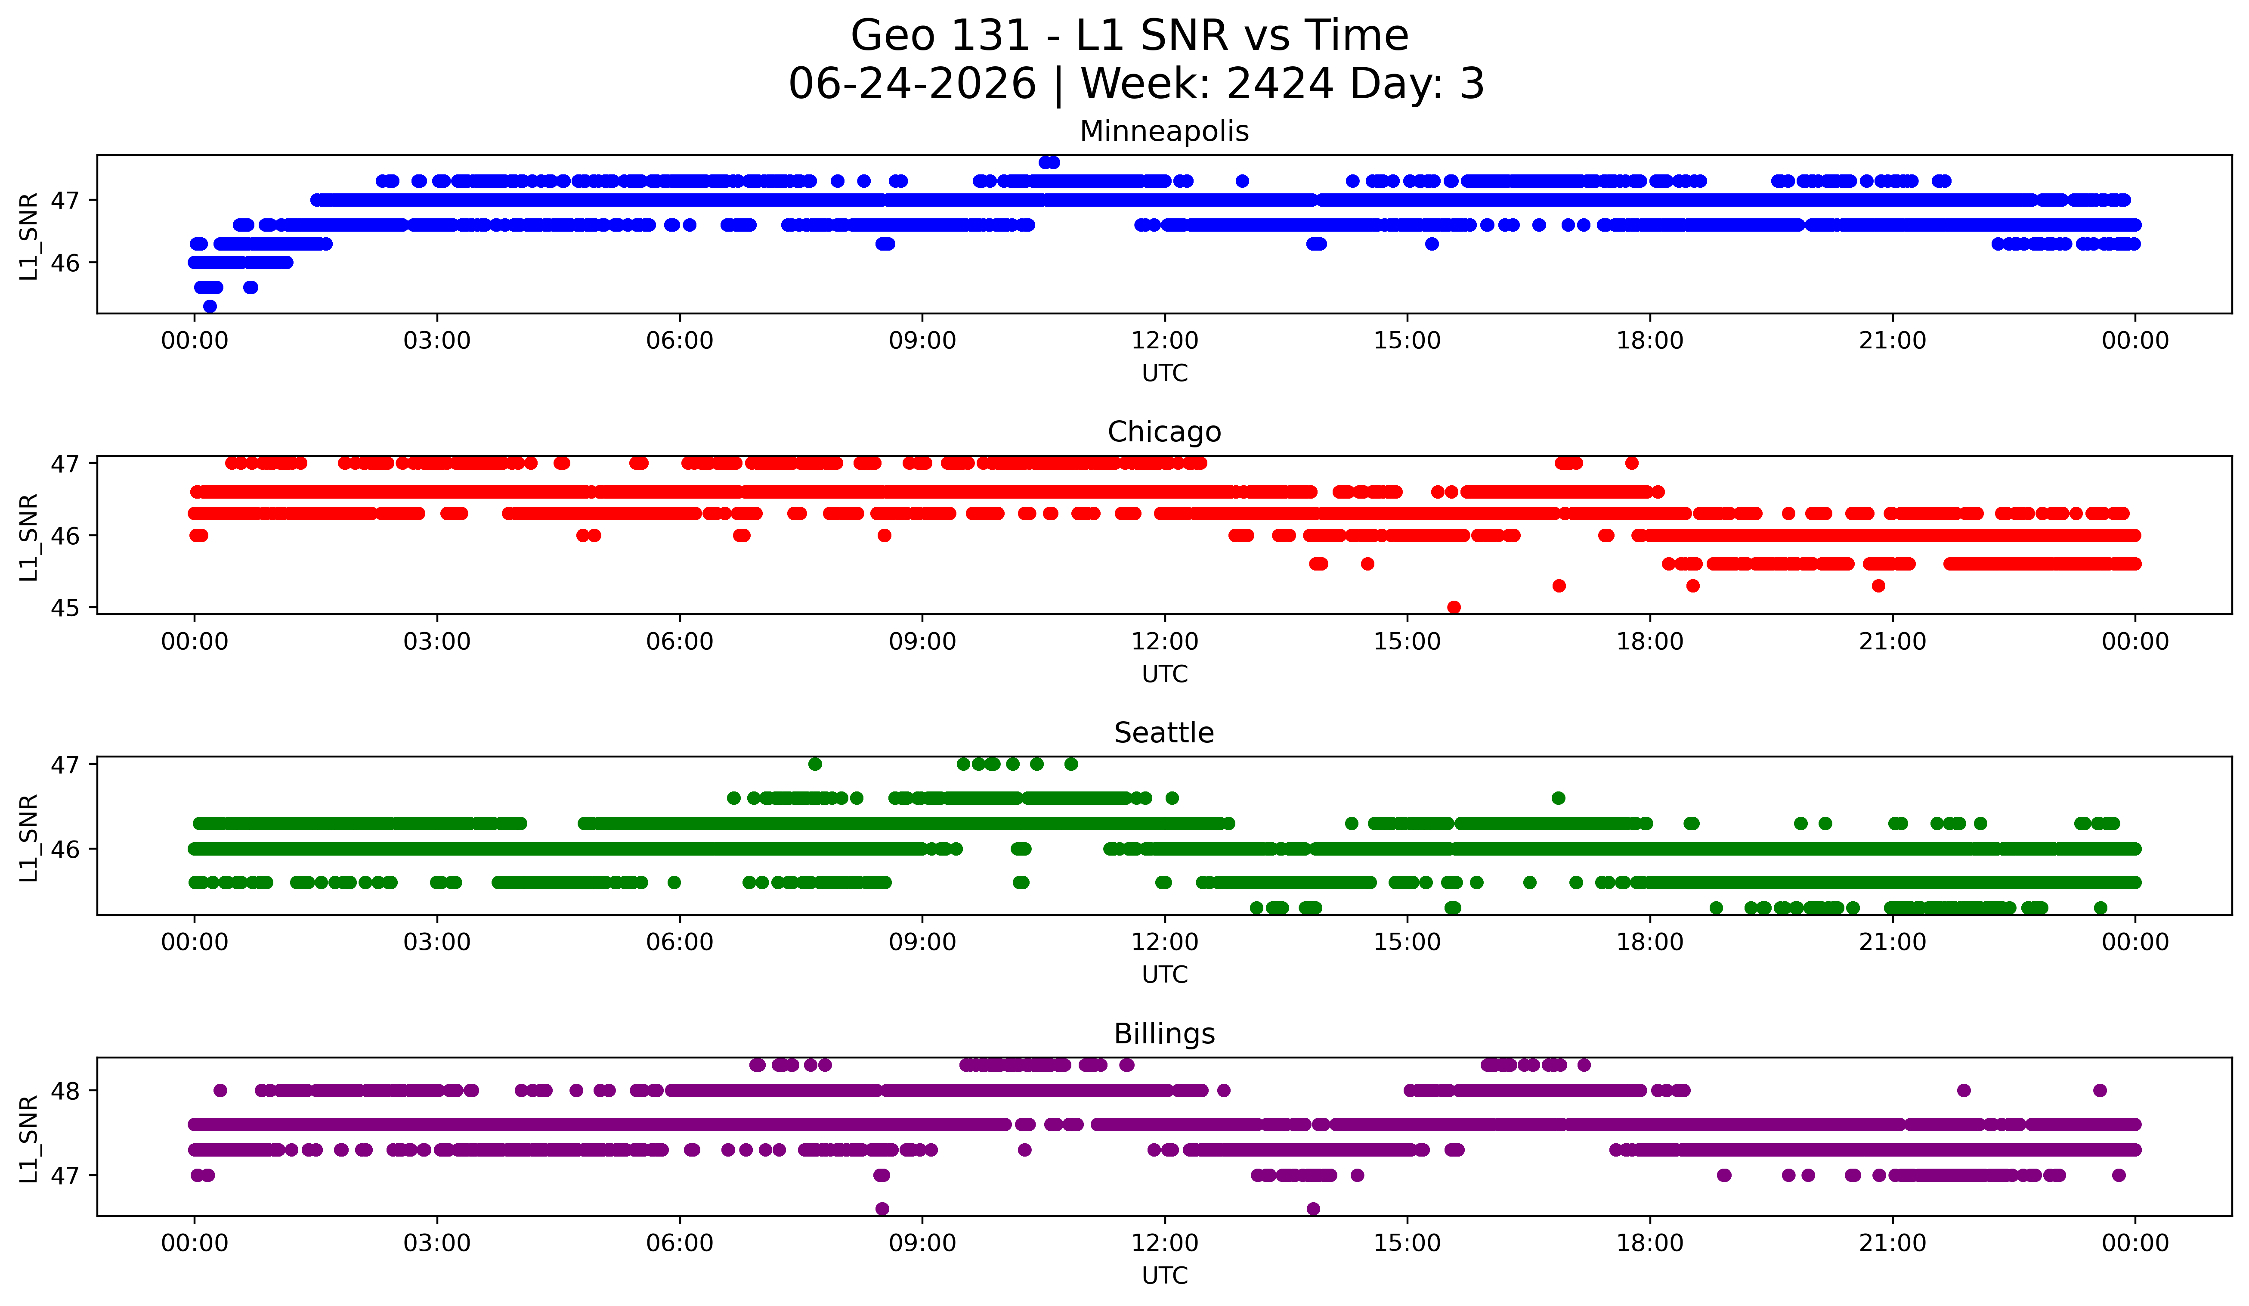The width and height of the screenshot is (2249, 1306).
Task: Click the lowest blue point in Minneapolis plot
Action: [x=210, y=306]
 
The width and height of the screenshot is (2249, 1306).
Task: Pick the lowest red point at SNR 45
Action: [x=1454, y=607]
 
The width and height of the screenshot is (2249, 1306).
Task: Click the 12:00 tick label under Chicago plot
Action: [x=1165, y=641]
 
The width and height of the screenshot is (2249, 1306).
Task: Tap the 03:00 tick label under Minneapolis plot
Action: [x=437, y=340]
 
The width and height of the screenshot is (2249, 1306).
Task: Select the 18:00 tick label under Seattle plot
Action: [x=1650, y=942]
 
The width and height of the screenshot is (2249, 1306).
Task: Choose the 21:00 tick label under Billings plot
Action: [x=1893, y=1243]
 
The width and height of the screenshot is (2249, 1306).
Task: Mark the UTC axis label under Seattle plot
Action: [x=1165, y=975]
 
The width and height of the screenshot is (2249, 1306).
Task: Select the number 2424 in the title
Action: [x=1280, y=84]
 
